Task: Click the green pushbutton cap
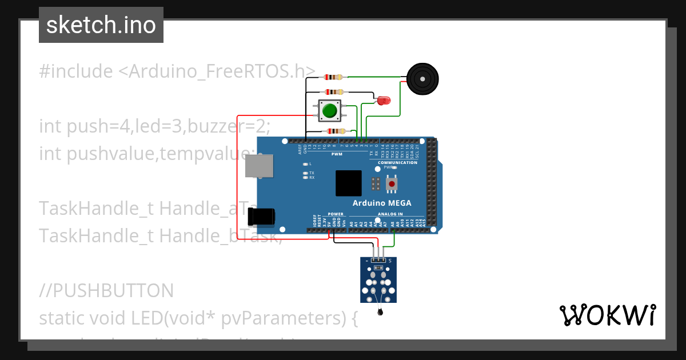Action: [329, 110]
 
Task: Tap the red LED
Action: [382, 101]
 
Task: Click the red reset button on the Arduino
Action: [392, 184]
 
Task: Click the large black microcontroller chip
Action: [349, 183]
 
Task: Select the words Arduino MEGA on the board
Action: [381, 203]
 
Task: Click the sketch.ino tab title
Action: [101, 25]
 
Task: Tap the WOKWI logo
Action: [607, 315]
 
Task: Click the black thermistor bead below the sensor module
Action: [380, 312]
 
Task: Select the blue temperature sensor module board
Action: [378, 280]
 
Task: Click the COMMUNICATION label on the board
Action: [397, 162]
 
